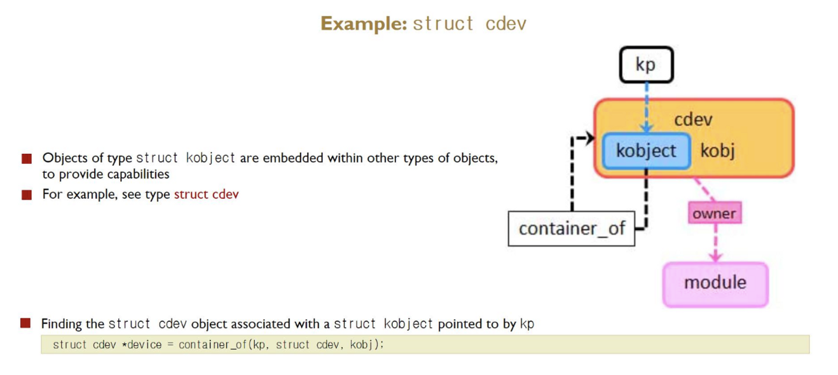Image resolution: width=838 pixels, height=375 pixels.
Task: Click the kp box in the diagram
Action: (x=645, y=65)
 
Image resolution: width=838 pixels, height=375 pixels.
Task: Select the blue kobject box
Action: (x=646, y=151)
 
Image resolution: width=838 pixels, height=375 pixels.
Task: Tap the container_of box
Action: (x=572, y=228)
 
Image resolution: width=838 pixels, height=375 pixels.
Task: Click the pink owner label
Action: (x=715, y=214)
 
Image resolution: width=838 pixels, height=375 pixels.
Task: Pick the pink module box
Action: (x=715, y=282)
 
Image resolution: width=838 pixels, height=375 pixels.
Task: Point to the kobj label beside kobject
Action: (x=717, y=151)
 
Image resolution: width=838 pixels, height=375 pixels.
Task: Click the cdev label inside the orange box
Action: (x=693, y=119)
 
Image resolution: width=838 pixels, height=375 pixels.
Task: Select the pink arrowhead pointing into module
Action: (x=716, y=257)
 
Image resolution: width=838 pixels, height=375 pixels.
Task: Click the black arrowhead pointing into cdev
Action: (x=589, y=138)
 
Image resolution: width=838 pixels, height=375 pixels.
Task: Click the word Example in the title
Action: (x=362, y=24)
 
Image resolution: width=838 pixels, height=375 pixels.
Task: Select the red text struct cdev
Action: (x=206, y=194)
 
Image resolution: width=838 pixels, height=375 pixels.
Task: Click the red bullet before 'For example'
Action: (x=27, y=195)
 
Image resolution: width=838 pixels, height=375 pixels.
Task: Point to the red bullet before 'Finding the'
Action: (x=25, y=324)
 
